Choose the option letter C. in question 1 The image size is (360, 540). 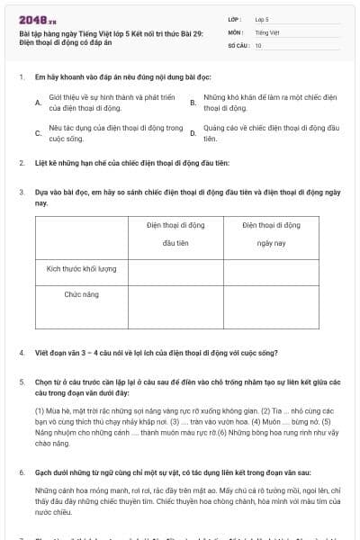[x=38, y=133]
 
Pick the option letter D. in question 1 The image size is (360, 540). [x=193, y=133]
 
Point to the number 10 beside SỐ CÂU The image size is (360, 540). [x=258, y=45]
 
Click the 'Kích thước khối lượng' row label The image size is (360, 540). [x=82, y=268]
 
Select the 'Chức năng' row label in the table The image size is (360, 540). [x=82, y=294]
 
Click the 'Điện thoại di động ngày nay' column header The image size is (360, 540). [x=272, y=234]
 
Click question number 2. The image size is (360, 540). [x=21, y=163]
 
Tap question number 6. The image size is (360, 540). [x=21, y=472]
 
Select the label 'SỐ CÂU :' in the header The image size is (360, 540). [x=238, y=45]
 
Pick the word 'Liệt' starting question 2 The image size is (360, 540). [x=40, y=163]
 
